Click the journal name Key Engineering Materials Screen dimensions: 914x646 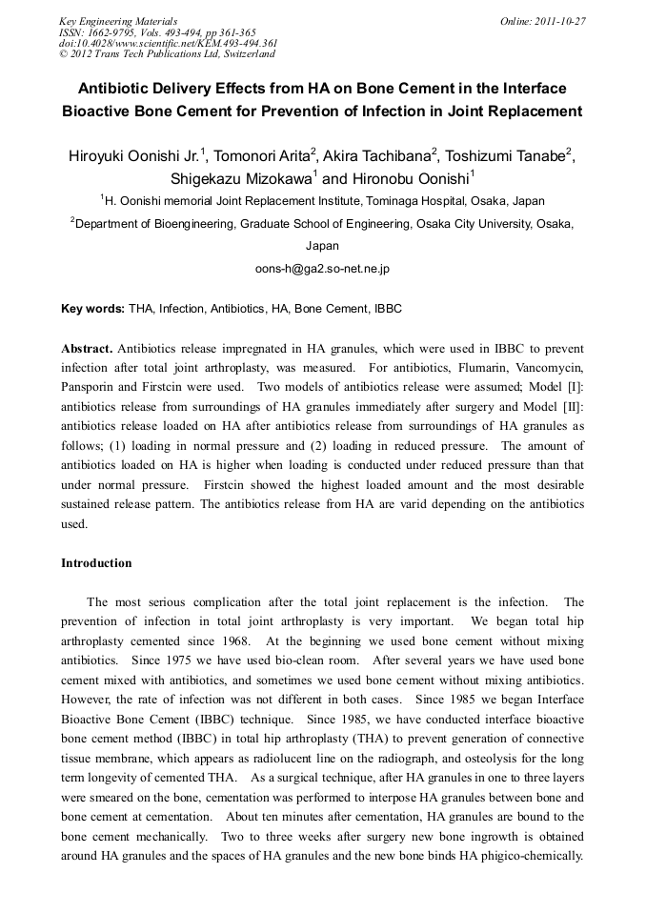117,21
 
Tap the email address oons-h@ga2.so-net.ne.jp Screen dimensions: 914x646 322,269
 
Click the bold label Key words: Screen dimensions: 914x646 92,309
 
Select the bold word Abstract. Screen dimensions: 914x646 86,349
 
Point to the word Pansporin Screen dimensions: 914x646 91,385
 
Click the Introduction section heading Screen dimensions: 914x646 96,563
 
